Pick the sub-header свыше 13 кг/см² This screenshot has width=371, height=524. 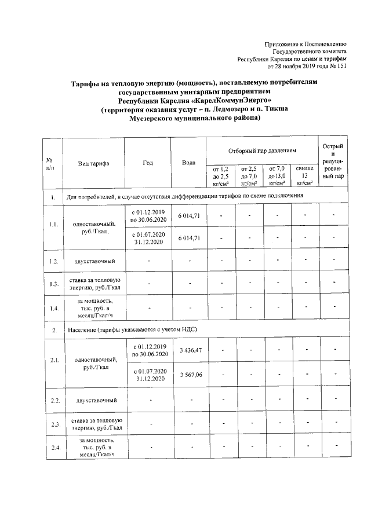pyautogui.click(x=304, y=175)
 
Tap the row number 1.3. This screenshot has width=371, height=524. pyautogui.click(x=53, y=283)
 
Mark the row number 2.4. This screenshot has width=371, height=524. pyautogui.click(x=53, y=448)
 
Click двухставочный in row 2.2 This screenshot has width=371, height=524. pyautogui.click(x=93, y=400)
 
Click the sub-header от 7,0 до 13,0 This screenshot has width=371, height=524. pyautogui.click(x=276, y=175)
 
